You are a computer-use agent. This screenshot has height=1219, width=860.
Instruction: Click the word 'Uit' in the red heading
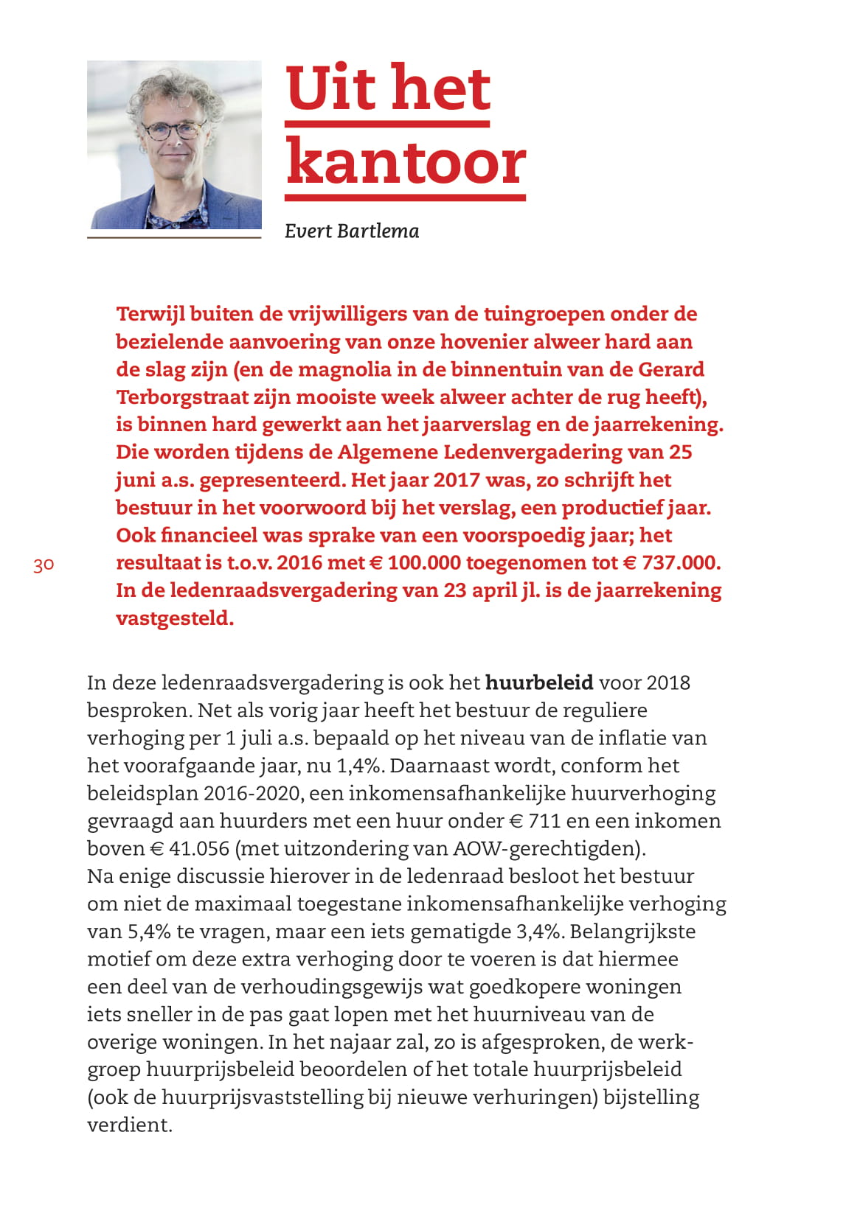coord(332,88)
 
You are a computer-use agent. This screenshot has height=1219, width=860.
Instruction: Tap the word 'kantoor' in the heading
coord(406,164)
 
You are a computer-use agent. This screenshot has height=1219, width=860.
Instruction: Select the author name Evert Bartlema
coord(352,231)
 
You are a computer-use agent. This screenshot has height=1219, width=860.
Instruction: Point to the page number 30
coord(44,565)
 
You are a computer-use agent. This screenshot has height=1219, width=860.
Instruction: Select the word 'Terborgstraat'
coord(182,397)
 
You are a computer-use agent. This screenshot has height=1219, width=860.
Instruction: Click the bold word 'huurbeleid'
coord(539,682)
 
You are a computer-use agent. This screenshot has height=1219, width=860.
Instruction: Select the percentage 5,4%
coord(150,932)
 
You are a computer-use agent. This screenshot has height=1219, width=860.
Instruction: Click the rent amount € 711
coord(534,821)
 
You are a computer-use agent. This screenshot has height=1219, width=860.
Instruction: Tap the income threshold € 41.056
coord(190,848)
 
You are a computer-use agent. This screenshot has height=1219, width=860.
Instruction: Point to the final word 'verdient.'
coord(130,1125)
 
